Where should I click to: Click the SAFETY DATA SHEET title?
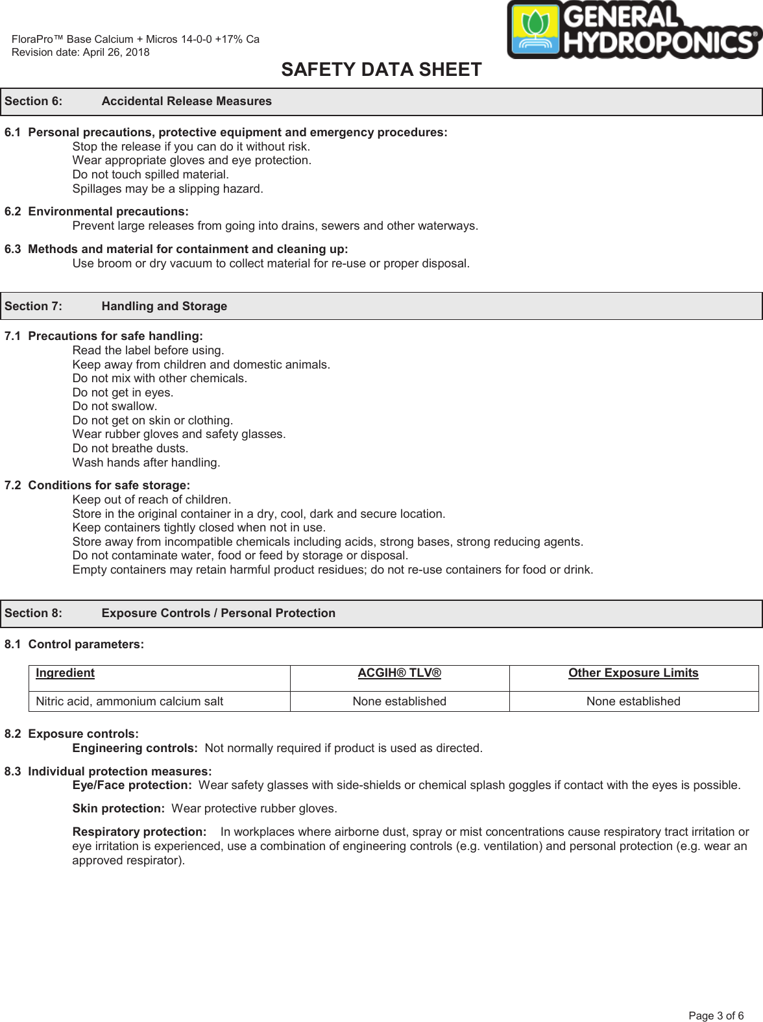pyautogui.click(x=381, y=69)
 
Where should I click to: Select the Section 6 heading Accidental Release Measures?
pyautogui.click(x=186, y=101)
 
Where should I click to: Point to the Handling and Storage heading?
pyautogui.click(x=164, y=306)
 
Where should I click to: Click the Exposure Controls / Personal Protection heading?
pyautogui.click(x=218, y=613)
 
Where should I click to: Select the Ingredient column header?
pyautogui.click(x=65, y=673)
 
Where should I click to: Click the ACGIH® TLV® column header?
pyautogui.click(x=399, y=673)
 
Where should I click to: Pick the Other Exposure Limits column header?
pyautogui.click(x=633, y=673)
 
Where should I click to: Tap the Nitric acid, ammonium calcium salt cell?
pyautogui.click(x=129, y=701)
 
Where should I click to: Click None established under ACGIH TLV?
pyautogui.click(x=399, y=701)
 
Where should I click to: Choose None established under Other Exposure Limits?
pyautogui.click(x=633, y=701)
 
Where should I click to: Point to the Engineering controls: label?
pyautogui.click(x=135, y=748)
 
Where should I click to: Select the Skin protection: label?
pyautogui.click(x=118, y=809)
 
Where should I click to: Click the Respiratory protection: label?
pyautogui.click(x=139, y=832)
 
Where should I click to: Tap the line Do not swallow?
pyautogui.click(x=115, y=406)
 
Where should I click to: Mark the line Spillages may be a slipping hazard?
pyautogui.click(x=167, y=189)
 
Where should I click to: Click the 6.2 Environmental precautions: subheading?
pyautogui.click(x=97, y=212)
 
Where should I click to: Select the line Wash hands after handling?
pyautogui.click(x=146, y=463)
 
